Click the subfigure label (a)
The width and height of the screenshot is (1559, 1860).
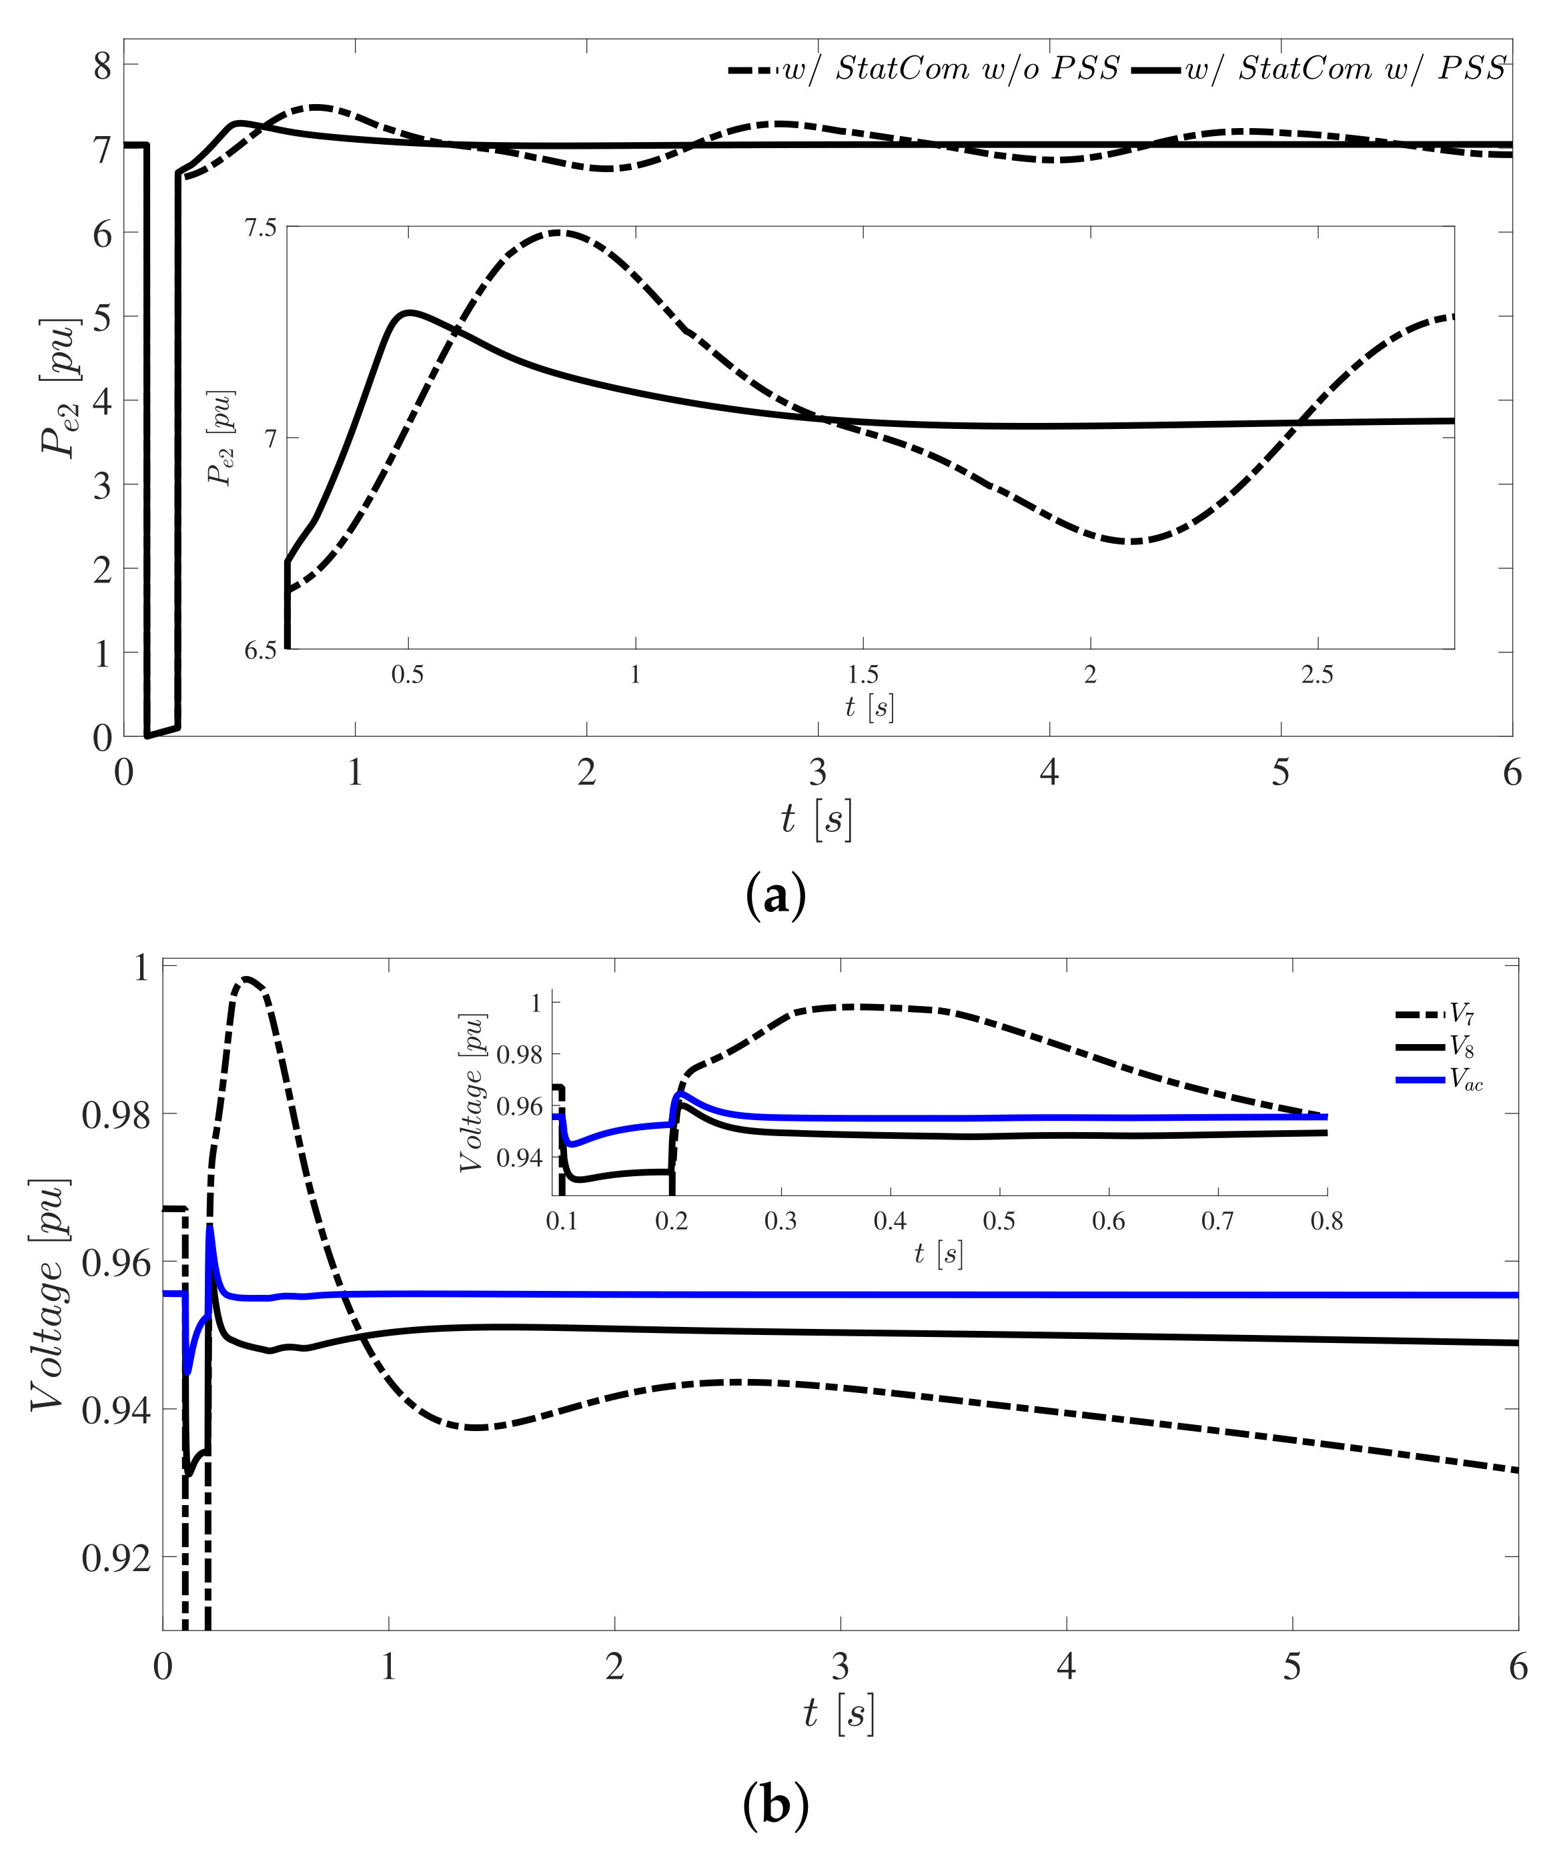(x=776, y=897)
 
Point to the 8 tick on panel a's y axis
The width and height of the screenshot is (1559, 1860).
(x=103, y=65)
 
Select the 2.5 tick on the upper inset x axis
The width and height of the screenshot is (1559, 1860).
(x=1317, y=675)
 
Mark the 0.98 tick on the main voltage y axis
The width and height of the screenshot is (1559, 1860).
(x=115, y=1115)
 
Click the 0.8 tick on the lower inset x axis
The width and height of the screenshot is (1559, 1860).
(x=1326, y=1222)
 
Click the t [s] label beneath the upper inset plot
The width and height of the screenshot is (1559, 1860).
(x=870, y=707)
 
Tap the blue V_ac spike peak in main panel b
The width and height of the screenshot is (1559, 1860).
(x=210, y=1227)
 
